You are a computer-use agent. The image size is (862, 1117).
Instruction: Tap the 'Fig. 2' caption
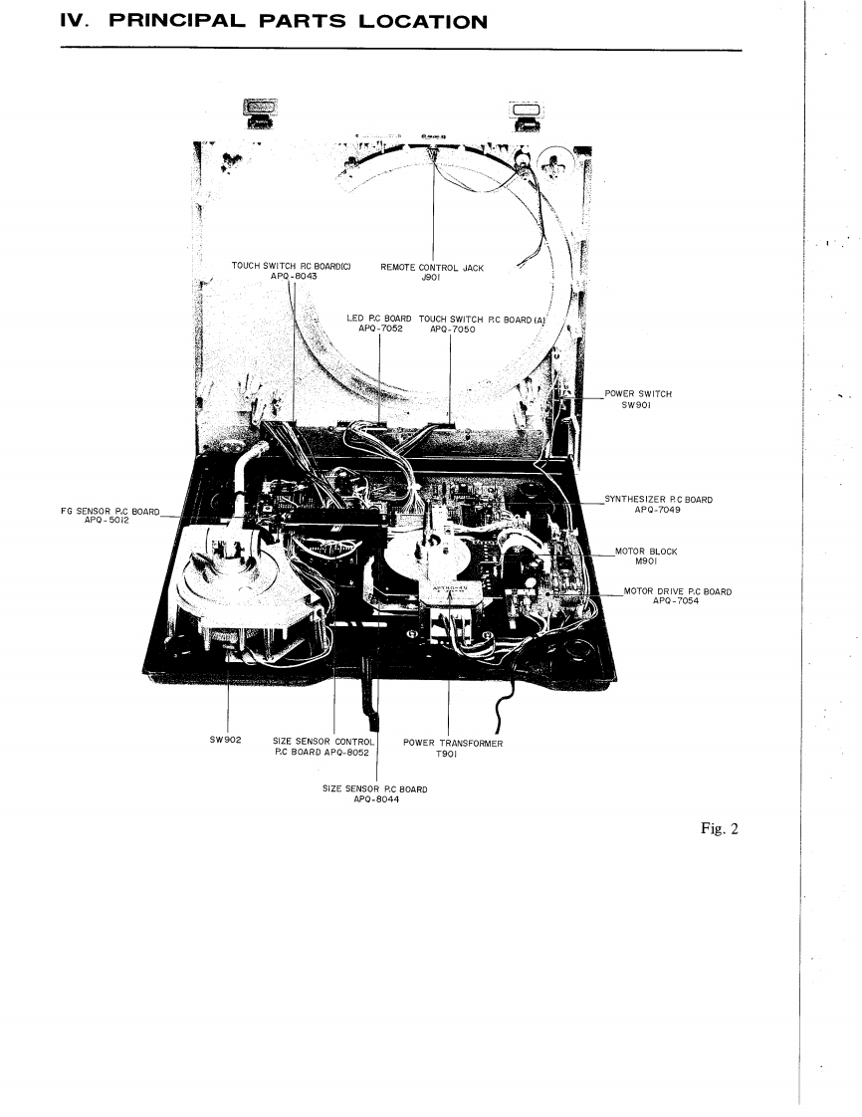pos(718,830)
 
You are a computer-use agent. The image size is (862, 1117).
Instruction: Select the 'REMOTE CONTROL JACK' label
pos(432,268)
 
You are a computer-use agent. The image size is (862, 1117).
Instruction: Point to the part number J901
pos(432,278)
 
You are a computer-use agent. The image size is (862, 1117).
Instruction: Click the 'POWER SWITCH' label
pos(638,393)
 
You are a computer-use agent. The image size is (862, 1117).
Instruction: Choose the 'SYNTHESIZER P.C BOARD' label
pos(658,499)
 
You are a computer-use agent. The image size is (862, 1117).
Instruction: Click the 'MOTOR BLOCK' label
pos(646,552)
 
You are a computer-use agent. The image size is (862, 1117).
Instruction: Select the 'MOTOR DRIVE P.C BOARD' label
pos(677,591)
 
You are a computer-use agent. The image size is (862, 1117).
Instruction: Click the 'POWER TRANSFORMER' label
pos(453,743)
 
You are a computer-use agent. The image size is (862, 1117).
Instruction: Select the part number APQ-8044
pos(377,799)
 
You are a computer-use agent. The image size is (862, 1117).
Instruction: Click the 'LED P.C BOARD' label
pos(378,319)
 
